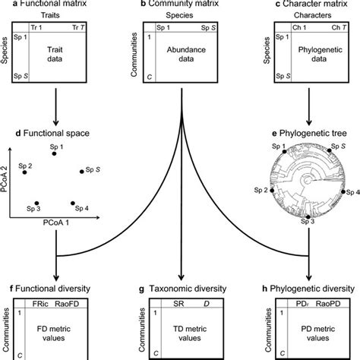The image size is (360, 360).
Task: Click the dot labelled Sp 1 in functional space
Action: click(54, 153)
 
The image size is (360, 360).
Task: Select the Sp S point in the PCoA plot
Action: click(81, 172)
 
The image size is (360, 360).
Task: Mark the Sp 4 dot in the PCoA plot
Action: click(73, 204)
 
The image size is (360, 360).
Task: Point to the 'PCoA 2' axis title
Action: click(6, 185)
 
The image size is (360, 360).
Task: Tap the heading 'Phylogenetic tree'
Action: click(313, 134)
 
